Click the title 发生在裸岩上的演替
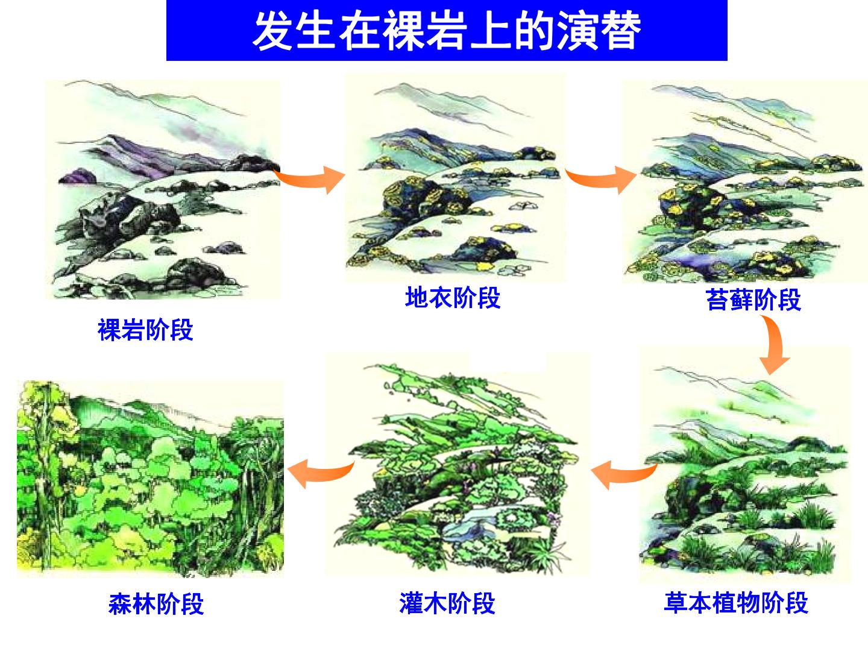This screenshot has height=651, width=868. click(446, 31)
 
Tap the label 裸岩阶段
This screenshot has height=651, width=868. click(145, 329)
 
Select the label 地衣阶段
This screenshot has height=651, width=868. click(453, 298)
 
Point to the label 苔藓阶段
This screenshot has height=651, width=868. click(753, 300)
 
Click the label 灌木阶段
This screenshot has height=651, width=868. click(447, 603)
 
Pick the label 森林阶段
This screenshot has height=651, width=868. click(156, 603)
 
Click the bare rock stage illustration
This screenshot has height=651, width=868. click(163, 190)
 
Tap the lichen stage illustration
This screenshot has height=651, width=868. click(456, 178)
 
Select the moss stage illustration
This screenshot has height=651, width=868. click(746, 181)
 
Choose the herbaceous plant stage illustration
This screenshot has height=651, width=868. click(745, 465)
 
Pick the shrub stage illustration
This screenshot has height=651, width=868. click(457, 465)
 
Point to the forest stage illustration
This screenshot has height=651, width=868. click(151, 478)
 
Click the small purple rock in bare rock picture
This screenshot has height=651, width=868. click(78, 176)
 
